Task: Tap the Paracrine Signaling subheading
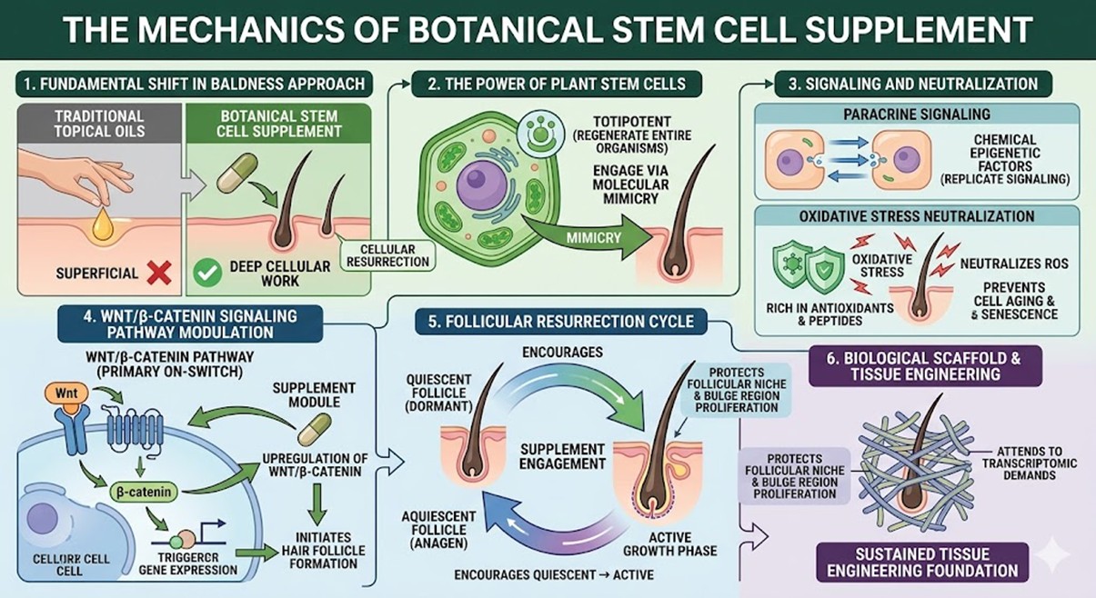pos(917,115)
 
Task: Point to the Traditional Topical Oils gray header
pos(101,124)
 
